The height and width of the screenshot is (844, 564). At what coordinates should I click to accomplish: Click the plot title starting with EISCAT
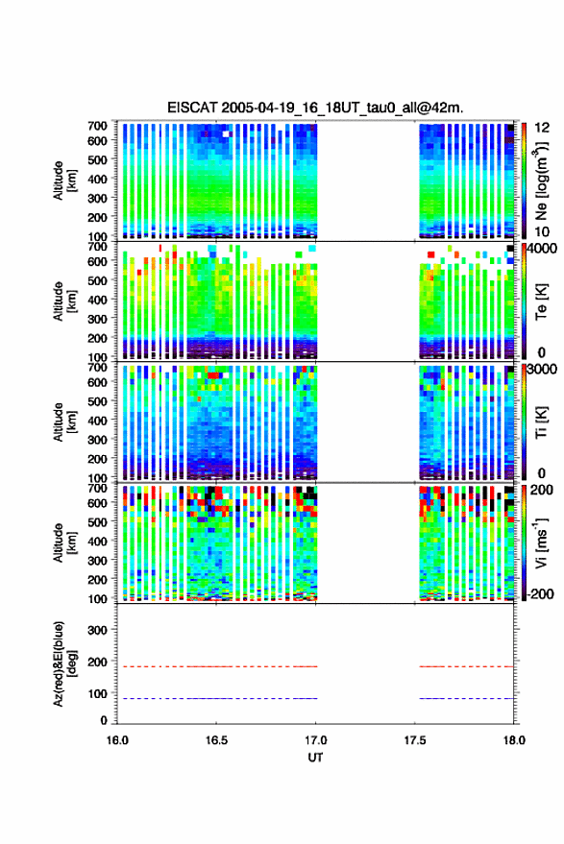(315, 108)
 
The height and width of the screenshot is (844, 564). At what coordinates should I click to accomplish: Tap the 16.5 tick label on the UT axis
(216, 740)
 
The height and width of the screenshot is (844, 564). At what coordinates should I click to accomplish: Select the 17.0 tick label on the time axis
(316, 740)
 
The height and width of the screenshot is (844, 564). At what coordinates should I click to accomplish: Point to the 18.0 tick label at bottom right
(514, 740)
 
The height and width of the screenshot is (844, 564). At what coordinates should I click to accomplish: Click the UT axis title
(315, 758)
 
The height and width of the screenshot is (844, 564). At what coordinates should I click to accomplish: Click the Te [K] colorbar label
(541, 301)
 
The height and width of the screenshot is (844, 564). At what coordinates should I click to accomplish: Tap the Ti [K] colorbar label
(541, 422)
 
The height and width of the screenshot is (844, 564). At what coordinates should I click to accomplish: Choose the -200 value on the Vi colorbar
(541, 593)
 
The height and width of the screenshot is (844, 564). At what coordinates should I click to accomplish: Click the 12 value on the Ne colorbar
(542, 128)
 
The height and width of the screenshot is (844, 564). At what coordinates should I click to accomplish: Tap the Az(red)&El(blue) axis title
(65, 663)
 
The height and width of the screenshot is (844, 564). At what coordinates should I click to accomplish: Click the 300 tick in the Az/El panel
(97, 630)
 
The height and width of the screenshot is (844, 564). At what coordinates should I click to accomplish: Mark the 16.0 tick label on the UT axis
(117, 740)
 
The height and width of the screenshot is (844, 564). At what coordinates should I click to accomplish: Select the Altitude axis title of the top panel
(65, 181)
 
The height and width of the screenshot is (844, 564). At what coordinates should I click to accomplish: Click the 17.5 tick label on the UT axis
(415, 740)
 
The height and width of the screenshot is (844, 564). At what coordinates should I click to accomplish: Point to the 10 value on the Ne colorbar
(542, 232)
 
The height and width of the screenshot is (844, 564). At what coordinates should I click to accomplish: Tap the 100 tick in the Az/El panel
(97, 694)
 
